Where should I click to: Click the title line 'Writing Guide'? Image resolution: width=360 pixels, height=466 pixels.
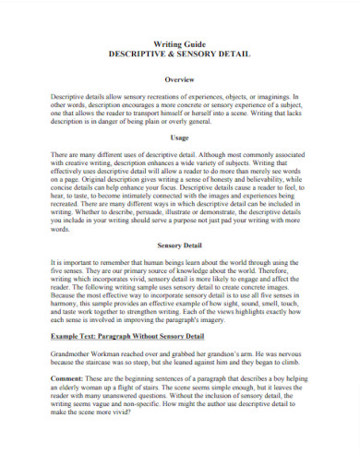point(180,47)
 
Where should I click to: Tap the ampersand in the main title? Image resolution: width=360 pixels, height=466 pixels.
point(180,57)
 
